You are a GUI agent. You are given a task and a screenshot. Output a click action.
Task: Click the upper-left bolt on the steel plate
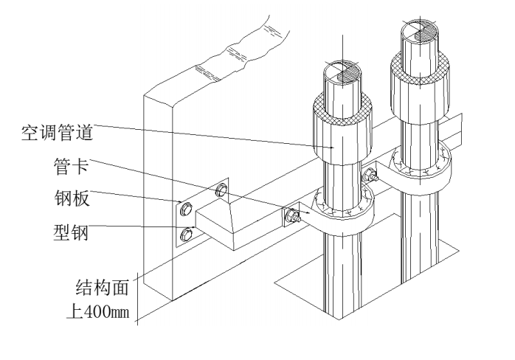pyautogui.click(x=187, y=209)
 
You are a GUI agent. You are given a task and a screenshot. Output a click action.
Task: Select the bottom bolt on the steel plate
pyautogui.click(x=187, y=236)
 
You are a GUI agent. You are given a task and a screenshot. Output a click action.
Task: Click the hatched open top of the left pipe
pyautogui.click(x=342, y=73)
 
